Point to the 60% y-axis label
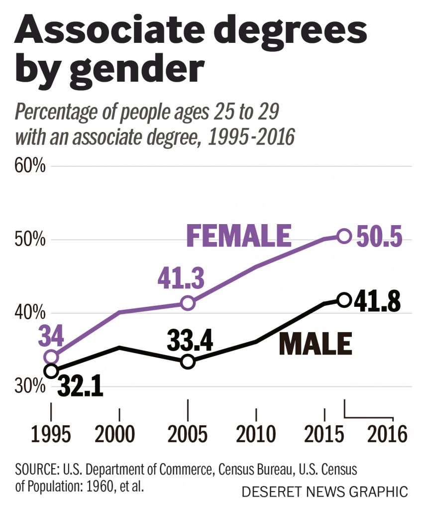[x=31, y=165]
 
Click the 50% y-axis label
[x=31, y=240]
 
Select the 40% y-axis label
[x=31, y=313]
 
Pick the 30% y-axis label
[x=31, y=386]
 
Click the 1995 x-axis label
[x=51, y=434]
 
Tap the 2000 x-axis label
[x=119, y=434]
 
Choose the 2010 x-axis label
[x=256, y=434]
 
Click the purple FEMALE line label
[x=238, y=236]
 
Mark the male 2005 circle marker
[x=188, y=362]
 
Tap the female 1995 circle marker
[x=51, y=357]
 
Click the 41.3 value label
[x=181, y=280]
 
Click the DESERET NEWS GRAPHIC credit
[x=324, y=492]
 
